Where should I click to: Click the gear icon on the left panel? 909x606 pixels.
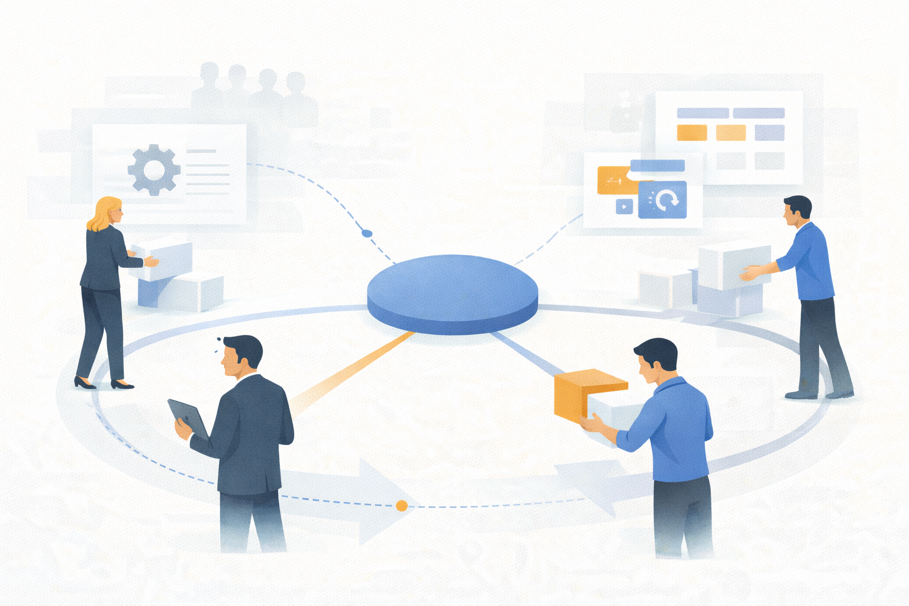coord(154,170)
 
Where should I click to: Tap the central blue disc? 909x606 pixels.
coord(452,288)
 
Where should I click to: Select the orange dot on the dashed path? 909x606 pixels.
coord(401,505)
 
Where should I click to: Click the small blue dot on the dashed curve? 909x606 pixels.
coord(367,233)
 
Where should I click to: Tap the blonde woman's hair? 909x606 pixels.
coord(101,213)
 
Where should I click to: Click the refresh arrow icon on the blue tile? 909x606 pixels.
coord(666,200)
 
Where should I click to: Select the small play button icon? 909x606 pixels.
coord(624,207)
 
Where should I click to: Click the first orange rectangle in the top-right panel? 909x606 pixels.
coord(691,133)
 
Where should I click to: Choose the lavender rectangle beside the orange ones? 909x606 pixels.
coord(769,133)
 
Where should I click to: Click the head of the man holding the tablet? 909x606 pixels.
coord(241,355)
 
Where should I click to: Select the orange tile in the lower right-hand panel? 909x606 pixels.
coord(615,180)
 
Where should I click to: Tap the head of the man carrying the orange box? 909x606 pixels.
coord(657,359)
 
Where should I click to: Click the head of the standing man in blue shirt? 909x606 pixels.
coord(797,211)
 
